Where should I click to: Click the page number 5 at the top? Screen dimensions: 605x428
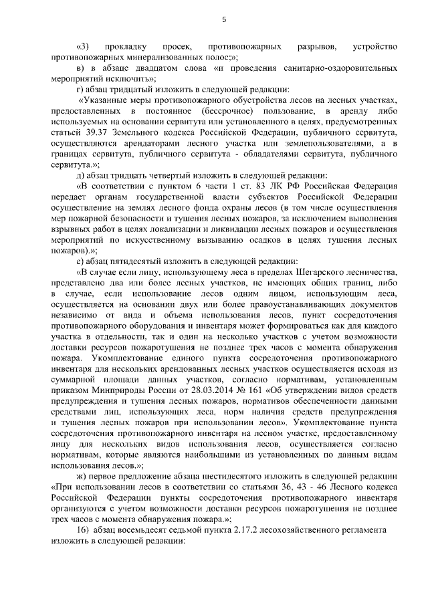[224, 20]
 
